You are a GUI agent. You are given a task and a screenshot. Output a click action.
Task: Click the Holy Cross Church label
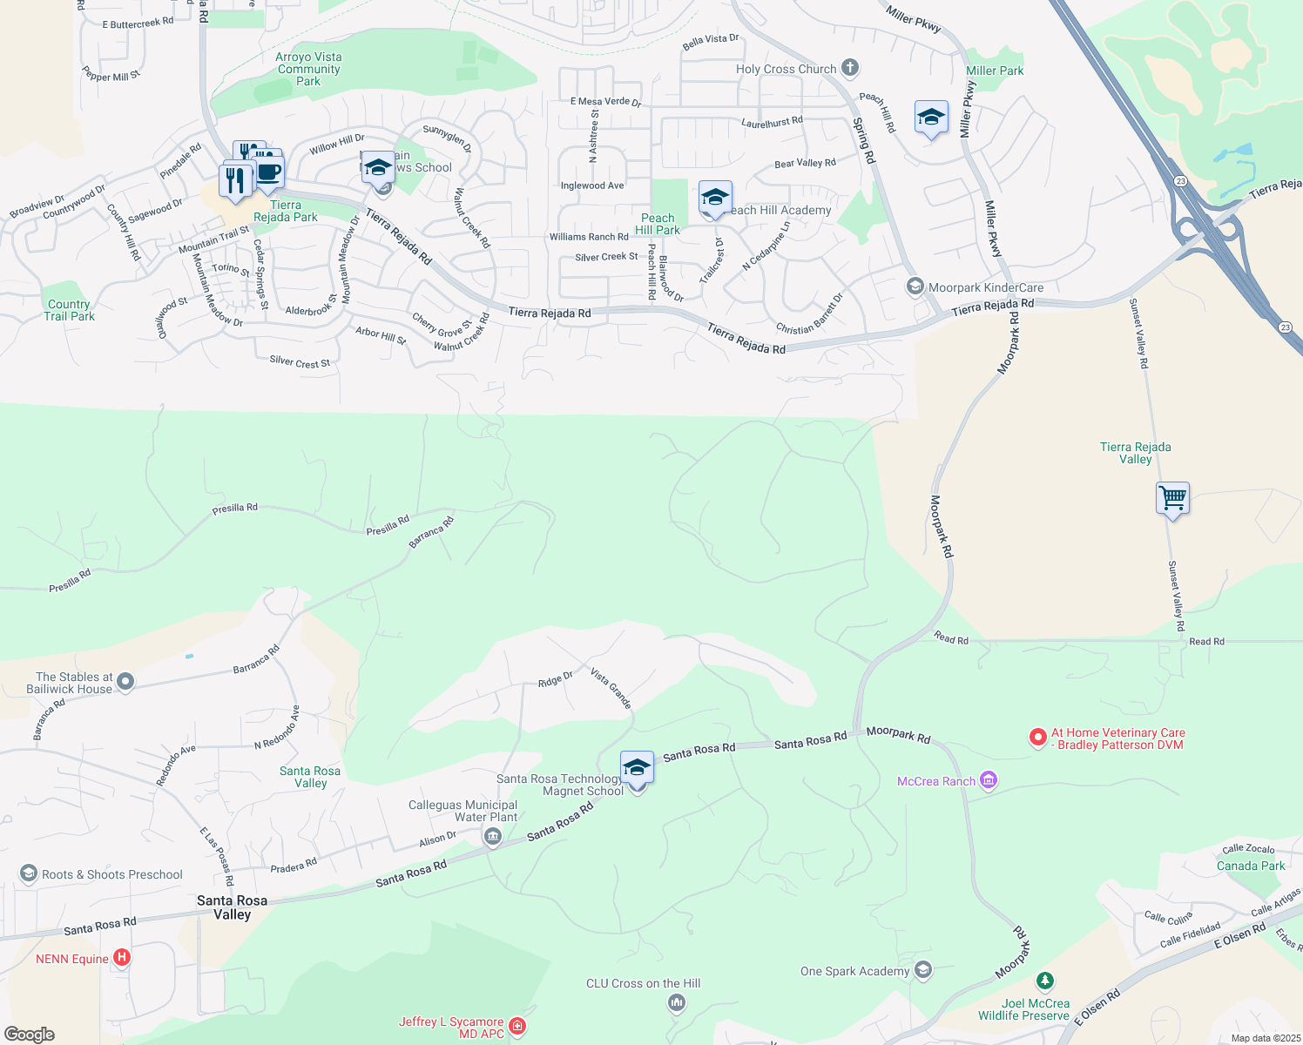(786, 69)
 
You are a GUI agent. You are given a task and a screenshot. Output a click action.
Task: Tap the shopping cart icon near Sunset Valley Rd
(1172, 499)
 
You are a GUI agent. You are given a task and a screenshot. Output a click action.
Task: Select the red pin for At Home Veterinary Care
(1037, 738)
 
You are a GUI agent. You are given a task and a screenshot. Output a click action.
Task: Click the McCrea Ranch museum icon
(988, 780)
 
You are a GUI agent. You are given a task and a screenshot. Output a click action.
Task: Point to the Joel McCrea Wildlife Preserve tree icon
(1045, 981)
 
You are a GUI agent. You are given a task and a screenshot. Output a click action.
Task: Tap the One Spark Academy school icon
(923, 970)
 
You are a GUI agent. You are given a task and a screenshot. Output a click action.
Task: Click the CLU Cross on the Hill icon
(676, 1003)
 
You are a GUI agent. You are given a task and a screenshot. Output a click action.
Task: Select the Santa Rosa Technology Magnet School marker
(637, 768)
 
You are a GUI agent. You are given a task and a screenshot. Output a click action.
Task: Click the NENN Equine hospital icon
(122, 958)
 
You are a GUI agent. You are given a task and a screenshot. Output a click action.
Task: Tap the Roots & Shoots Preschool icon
(29, 873)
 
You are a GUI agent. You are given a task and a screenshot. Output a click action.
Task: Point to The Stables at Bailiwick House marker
(125, 682)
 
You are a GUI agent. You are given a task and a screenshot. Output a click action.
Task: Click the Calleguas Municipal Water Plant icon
(492, 837)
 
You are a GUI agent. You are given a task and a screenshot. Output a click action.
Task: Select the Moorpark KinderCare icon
(915, 287)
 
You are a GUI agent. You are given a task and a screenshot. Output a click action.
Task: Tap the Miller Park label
(995, 71)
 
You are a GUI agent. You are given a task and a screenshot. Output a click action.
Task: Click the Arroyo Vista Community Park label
(308, 69)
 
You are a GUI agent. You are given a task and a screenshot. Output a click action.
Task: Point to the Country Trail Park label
(69, 310)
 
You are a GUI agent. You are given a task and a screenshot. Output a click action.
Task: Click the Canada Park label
(1251, 866)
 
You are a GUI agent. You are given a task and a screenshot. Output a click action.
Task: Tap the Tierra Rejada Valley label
(1135, 453)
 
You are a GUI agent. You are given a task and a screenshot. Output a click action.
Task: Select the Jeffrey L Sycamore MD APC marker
(517, 1027)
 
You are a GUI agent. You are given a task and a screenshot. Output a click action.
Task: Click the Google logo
(30, 1035)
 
